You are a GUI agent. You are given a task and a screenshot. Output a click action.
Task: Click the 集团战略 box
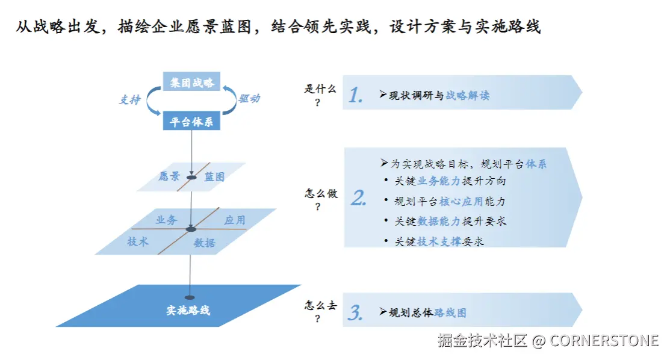pyautogui.click(x=191, y=82)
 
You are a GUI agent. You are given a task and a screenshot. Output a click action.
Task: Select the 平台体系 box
pyautogui.click(x=191, y=122)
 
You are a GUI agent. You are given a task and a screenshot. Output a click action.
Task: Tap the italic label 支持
pyautogui.click(x=129, y=100)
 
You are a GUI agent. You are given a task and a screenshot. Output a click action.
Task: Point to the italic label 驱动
pyautogui.click(x=249, y=99)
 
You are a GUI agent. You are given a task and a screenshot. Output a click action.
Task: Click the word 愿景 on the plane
pyautogui.click(x=169, y=177)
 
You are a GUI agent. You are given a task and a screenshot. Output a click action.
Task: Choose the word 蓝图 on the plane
pyautogui.click(x=214, y=177)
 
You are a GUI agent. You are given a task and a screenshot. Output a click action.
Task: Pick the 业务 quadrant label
pyautogui.click(x=166, y=220)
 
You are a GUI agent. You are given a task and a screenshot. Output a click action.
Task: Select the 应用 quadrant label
pyautogui.click(x=235, y=220)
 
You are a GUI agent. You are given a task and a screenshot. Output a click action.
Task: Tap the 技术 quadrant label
pyautogui.click(x=138, y=242)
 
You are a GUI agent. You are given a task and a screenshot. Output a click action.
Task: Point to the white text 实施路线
pyautogui.click(x=188, y=311)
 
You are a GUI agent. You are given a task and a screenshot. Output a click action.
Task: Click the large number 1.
pyautogui.click(x=356, y=95)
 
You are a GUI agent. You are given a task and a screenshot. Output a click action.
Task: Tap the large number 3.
pyautogui.click(x=355, y=312)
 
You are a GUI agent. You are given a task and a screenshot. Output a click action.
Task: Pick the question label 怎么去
pyautogui.click(x=320, y=306)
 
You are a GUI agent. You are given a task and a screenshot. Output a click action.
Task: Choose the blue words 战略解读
pyautogui.click(x=467, y=95)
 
